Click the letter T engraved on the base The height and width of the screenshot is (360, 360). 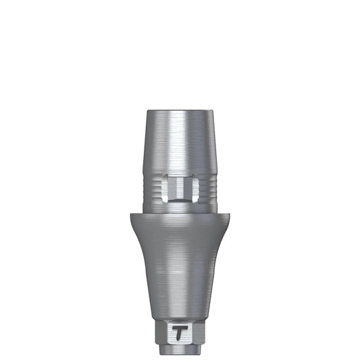point(180,332)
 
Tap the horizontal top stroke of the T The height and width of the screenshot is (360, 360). point(180,327)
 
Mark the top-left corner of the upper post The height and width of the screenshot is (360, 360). point(149,110)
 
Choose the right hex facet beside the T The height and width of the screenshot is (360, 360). point(197,332)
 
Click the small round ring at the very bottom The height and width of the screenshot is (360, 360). point(180,351)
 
